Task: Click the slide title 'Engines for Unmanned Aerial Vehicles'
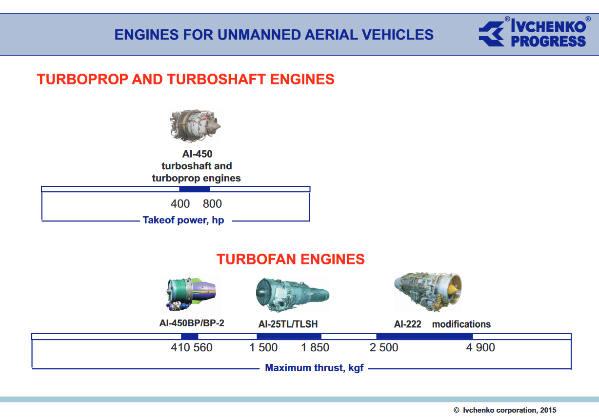tap(274, 35)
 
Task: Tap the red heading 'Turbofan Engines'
tap(290, 259)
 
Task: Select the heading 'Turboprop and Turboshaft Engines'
tap(185, 80)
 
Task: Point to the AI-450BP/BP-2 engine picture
tap(191, 294)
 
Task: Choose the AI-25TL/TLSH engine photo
tap(292, 295)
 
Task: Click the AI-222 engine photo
tap(428, 292)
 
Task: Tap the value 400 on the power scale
tap(180, 204)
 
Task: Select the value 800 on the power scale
tap(212, 204)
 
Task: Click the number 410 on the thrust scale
tap(180, 348)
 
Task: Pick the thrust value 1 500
tap(263, 348)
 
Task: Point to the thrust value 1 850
tap(315, 348)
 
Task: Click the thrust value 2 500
tap(384, 348)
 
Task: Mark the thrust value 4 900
tap(480, 348)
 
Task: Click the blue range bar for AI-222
tap(424, 336)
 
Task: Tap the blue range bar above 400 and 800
tap(195, 189)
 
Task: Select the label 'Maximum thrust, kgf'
tap(314, 368)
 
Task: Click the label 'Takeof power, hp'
tap(183, 220)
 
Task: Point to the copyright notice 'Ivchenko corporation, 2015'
tap(505, 410)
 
